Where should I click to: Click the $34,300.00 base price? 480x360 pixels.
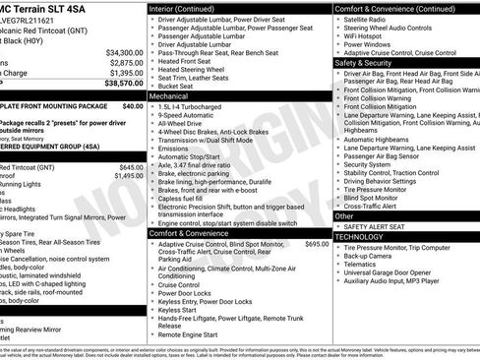click(x=124, y=52)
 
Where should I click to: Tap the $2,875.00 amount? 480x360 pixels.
click(x=126, y=63)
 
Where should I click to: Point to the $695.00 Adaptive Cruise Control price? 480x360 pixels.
click(x=317, y=243)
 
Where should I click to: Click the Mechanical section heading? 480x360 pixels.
click(x=168, y=97)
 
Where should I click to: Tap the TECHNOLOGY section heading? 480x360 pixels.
click(x=359, y=236)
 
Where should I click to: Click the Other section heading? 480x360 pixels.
click(x=344, y=215)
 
